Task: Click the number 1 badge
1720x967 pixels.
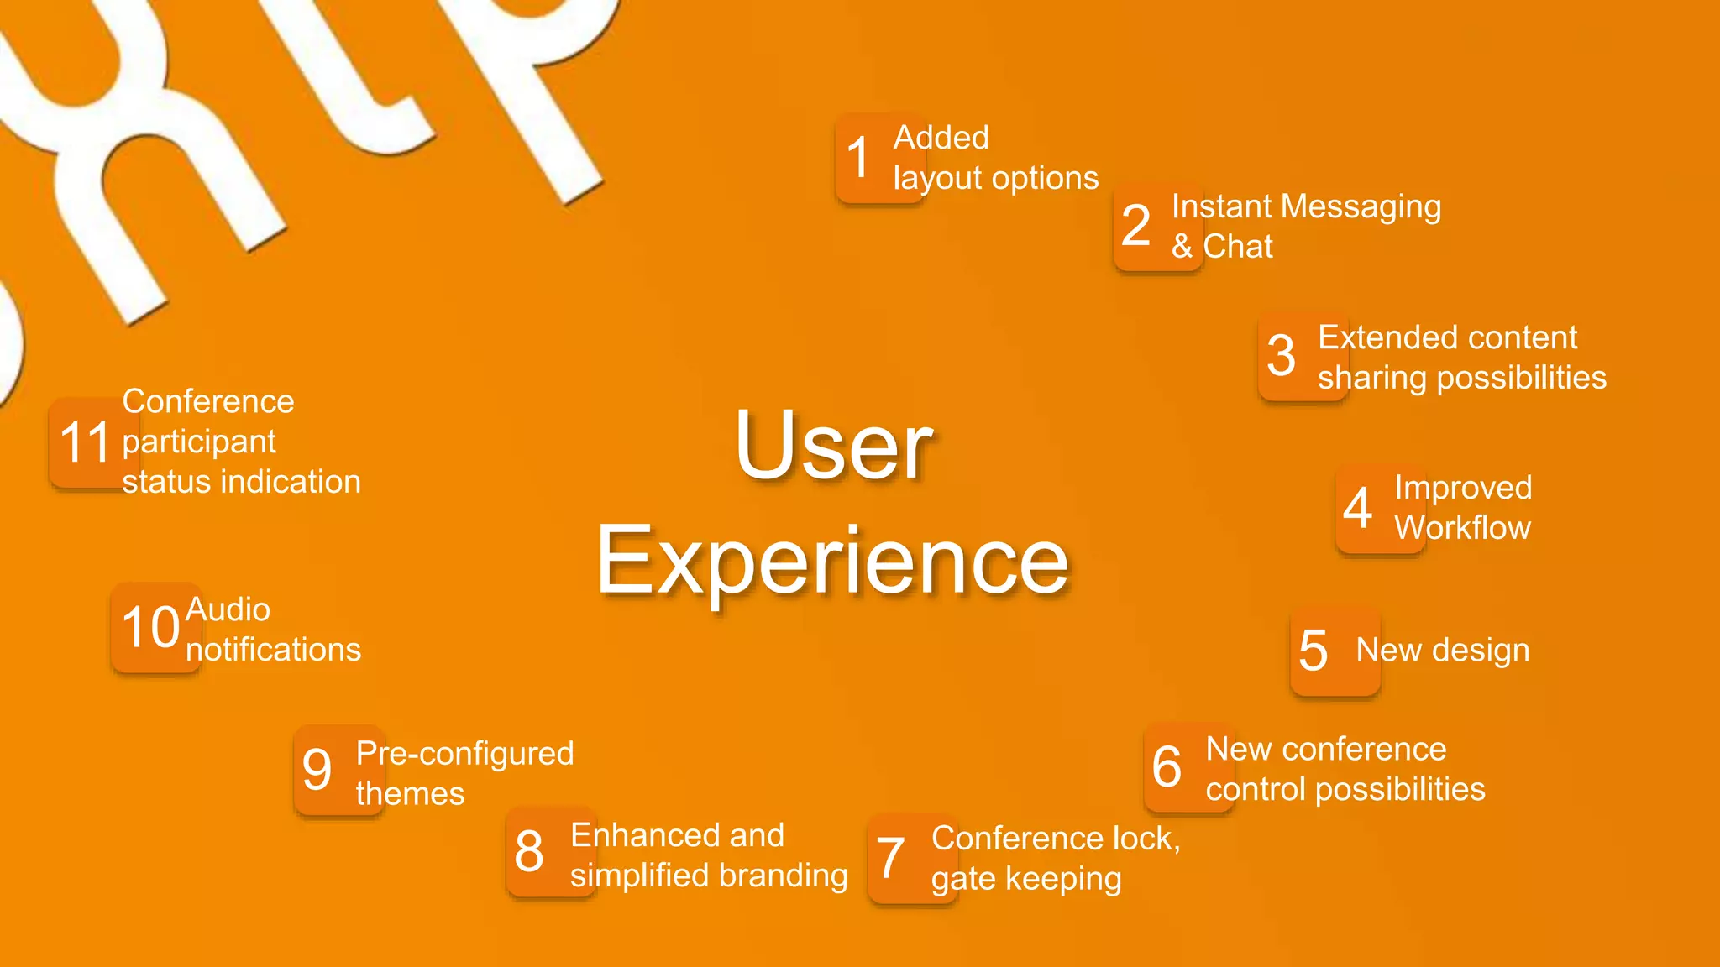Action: tap(879, 158)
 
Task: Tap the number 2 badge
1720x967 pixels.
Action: tap(1157, 226)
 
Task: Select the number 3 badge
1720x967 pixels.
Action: tap(1303, 356)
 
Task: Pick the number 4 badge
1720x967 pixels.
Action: tap(1380, 508)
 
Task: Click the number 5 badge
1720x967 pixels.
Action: tap(1335, 651)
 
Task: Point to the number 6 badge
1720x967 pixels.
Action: tap(1188, 766)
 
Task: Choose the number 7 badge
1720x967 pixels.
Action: tap(912, 858)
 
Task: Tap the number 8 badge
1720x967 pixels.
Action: tap(551, 852)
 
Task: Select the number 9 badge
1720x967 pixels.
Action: tap(338, 770)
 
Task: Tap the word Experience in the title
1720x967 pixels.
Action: tap(832, 560)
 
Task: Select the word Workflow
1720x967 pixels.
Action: tap(1462, 528)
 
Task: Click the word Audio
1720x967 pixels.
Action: tap(228, 609)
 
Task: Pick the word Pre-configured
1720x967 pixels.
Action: tap(464, 754)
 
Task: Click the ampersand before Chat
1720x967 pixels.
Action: tap(1182, 247)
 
